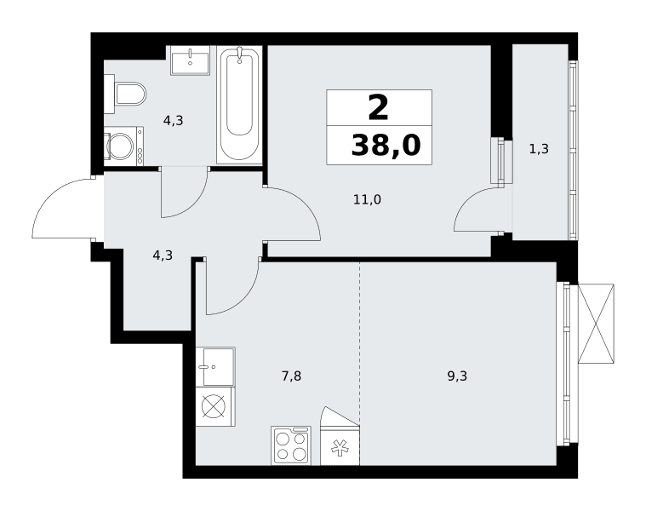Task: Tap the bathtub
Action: (239, 104)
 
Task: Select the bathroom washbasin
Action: (191, 60)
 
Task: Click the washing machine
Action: (123, 146)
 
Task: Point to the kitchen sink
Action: (215, 366)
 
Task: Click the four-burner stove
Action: (291, 445)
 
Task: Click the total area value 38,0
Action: (386, 146)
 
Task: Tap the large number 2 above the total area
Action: (378, 107)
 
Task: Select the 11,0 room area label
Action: (367, 200)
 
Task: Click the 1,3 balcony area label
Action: (539, 149)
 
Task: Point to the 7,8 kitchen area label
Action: (291, 376)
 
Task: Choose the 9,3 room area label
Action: (457, 376)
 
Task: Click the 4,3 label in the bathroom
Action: (173, 121)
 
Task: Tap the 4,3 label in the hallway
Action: (163, 255)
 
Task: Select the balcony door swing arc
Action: (468, 199)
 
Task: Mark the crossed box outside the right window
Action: (596, 324)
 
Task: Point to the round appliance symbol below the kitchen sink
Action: (214, 406)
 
